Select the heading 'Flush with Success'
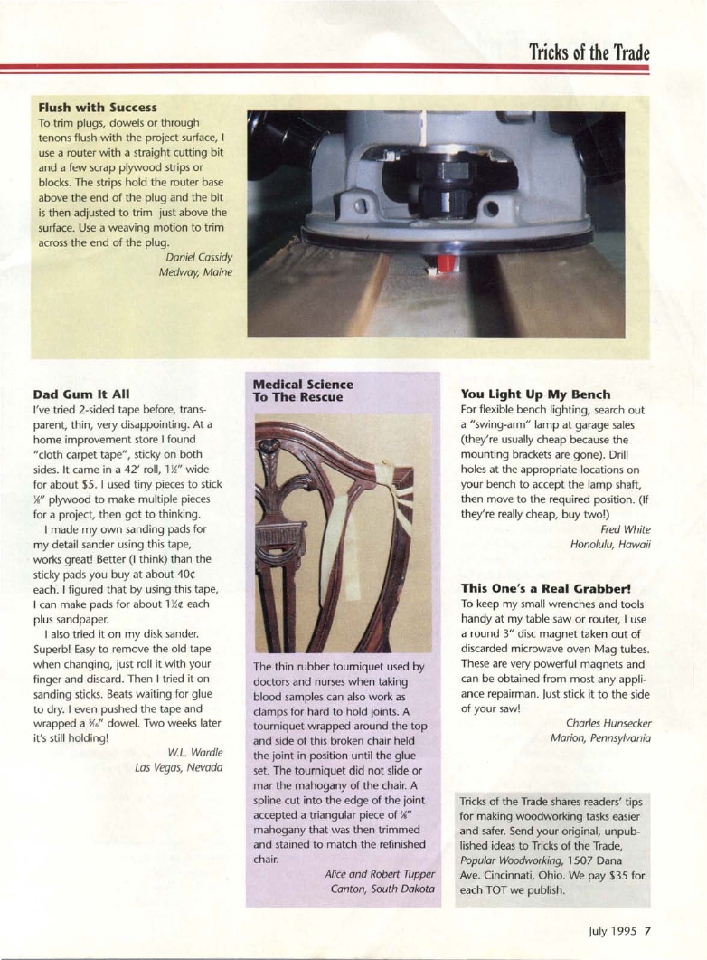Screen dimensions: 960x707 tap(98, 108)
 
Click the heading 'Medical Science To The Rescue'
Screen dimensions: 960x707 tap(303, 390)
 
